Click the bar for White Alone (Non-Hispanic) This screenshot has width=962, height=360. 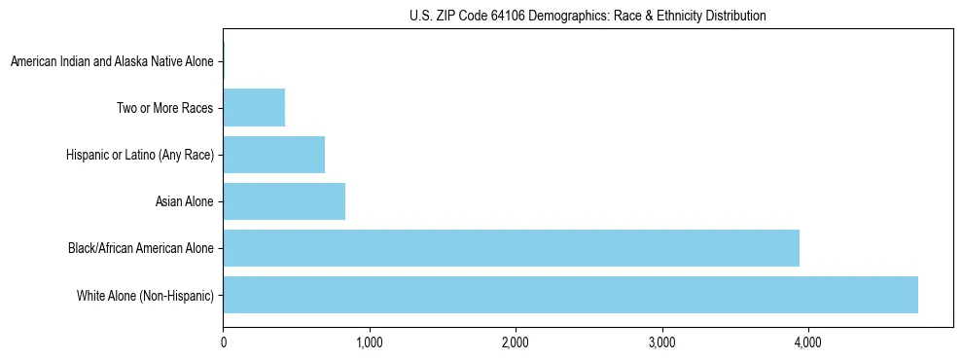click(570, 295)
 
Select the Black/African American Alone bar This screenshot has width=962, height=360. click(511, 248)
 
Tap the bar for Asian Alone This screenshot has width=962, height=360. click(284, 201)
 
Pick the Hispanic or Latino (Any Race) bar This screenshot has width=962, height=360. click(273, 155)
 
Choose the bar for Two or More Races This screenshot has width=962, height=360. click(254, 108)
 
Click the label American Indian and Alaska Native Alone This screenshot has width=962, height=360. click(112, 61)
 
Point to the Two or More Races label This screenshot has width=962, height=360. click(164, 108)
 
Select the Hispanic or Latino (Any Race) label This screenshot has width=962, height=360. click(140, 155)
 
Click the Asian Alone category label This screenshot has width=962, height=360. click(184, 201)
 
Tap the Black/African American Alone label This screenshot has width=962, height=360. click(140, 248)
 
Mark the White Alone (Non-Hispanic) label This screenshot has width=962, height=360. click(145, 295)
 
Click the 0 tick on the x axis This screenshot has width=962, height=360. click(223, 342)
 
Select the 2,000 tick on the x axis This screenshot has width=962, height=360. click(516, 342)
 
